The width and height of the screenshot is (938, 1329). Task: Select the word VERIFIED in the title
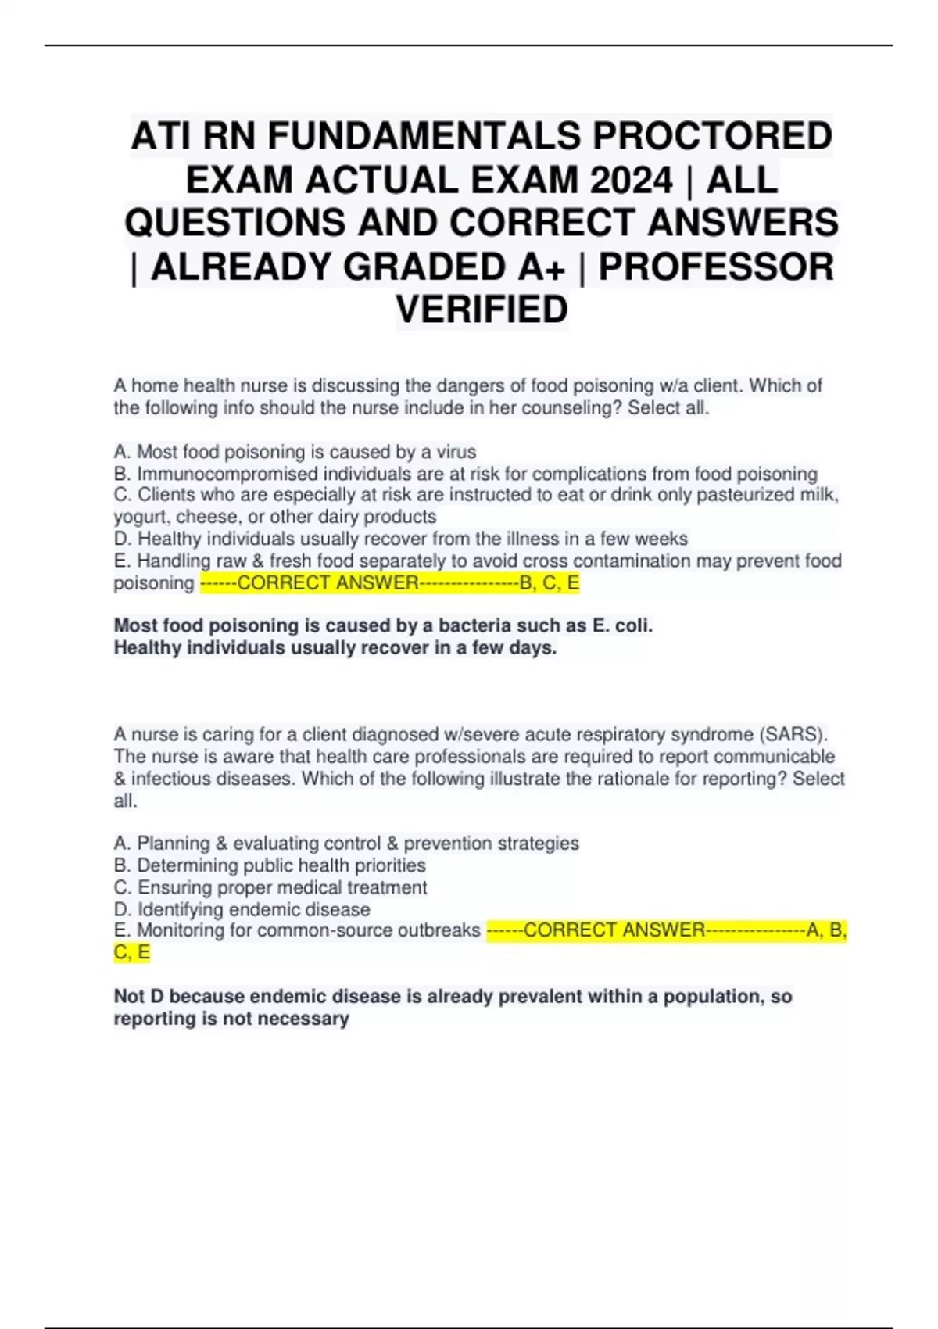tap(482, 310)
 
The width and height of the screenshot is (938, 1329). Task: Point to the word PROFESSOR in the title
tap(716, 267)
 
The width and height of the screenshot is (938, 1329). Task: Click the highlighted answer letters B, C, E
tap(550, 583)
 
